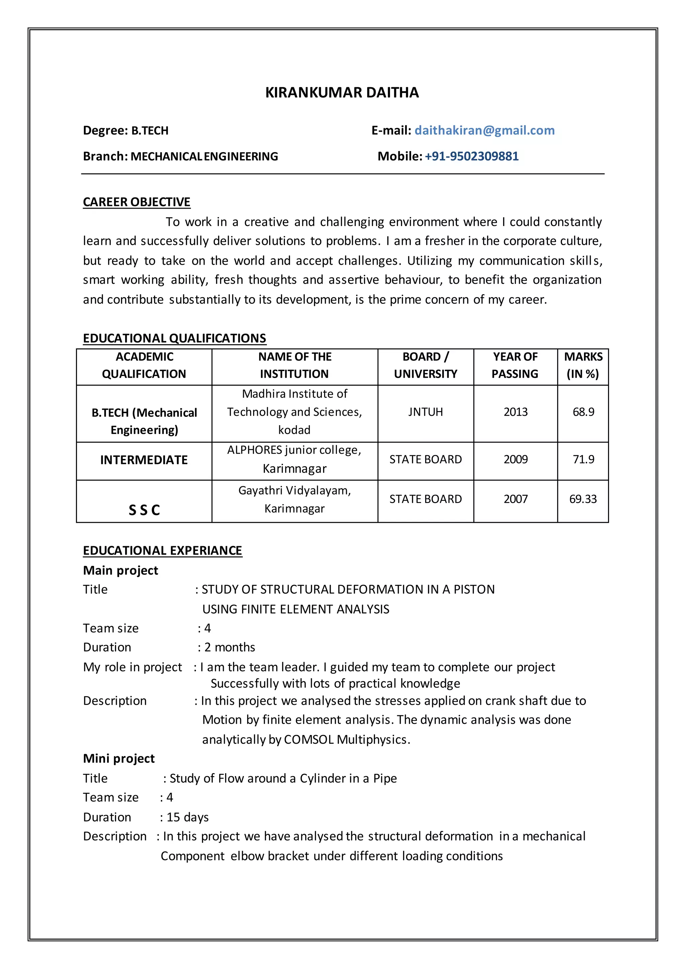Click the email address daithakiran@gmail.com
point(484,130)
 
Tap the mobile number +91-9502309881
point(472,156)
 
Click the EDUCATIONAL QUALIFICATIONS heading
point(174,338)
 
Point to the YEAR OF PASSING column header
point(515,365)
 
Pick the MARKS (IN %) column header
point(583,365)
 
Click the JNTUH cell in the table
point(425,412)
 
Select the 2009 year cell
point(515,459)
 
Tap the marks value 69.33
point(583,499)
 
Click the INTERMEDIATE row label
point(144,460)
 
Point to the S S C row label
point(144,510)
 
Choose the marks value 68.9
point(583,412)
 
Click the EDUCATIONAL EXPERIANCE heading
point(163,551)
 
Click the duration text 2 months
point(229,647)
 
